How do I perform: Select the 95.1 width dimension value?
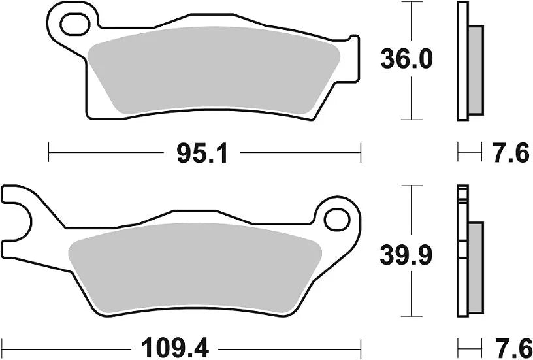pyautogui.click(x=201, y=154)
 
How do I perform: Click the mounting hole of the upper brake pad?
pyautogui.click(x=73, y=24)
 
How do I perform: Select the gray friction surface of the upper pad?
pyautogui.click(x=216, y=69)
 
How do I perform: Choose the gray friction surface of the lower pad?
pyautogui.click(x=196, y=265)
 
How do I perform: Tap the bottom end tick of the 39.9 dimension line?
pyautogui.click(x=410, y=313)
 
